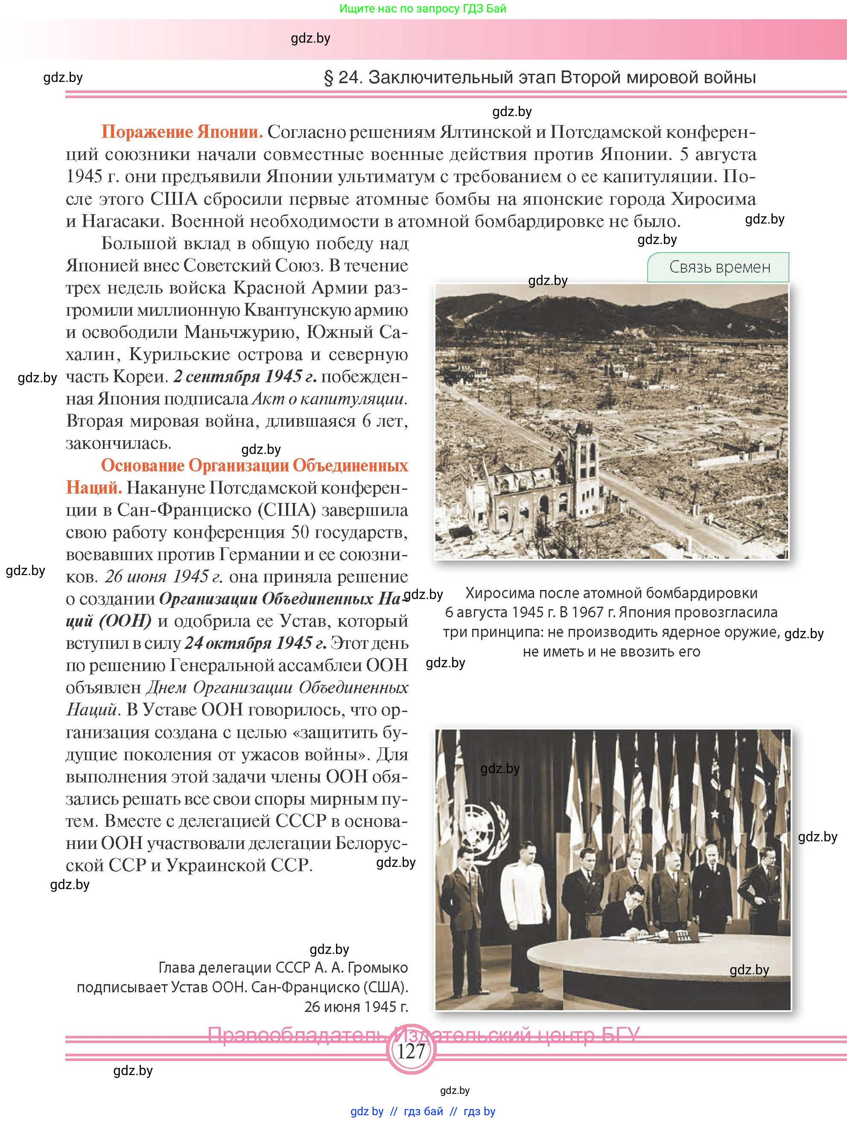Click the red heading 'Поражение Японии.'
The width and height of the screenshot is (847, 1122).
pyautogui.click(x=182, y=132)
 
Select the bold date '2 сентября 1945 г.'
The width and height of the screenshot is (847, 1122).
pyautogui.click(x=245, y=377)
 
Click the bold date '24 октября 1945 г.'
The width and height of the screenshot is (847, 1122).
pyautogui.click(x=255, y=643)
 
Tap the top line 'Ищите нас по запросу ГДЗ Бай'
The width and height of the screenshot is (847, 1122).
pyautogui.click(x=423, y=9)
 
